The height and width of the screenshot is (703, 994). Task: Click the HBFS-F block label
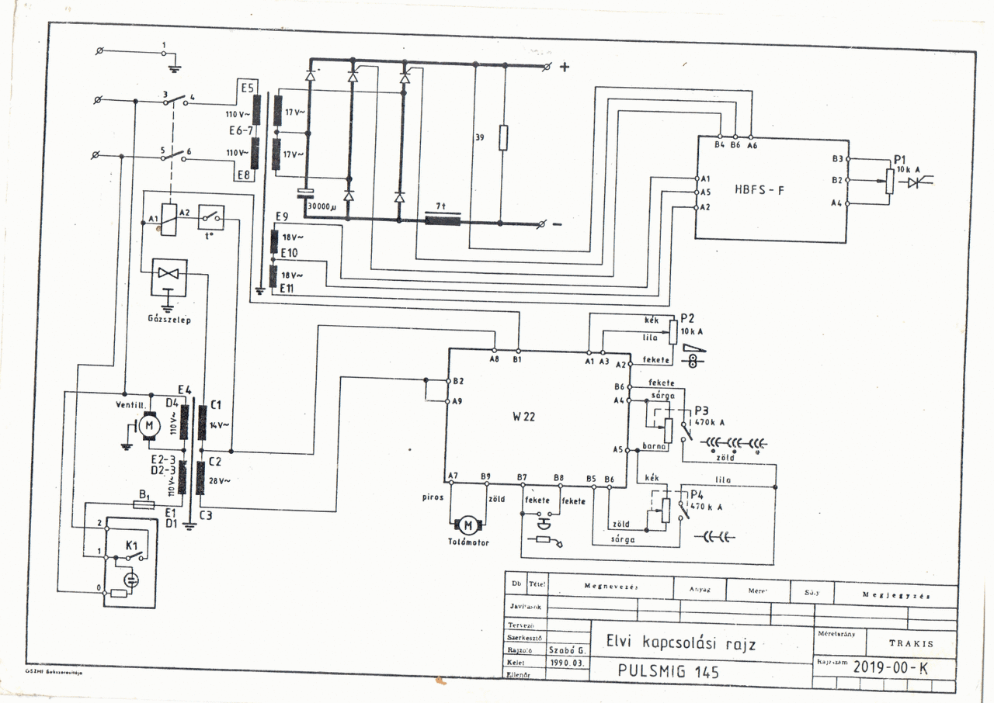pos(759,189)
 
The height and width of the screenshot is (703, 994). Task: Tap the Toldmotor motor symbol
pos(467,525)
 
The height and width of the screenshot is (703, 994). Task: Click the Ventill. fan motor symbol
pos(149,425)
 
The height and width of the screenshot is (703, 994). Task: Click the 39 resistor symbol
pos(502,137)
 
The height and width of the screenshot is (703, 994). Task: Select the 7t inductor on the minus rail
pos(442,220)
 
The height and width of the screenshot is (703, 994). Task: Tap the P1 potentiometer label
pos(901,158)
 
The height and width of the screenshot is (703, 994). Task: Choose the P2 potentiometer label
pos(686,318)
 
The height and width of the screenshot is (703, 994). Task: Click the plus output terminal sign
pos(565,67)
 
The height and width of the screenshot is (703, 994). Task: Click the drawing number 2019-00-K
pos(890,667)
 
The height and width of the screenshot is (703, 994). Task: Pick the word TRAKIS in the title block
pos(911,643)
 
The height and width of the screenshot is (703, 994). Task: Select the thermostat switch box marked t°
pos(211,218)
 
